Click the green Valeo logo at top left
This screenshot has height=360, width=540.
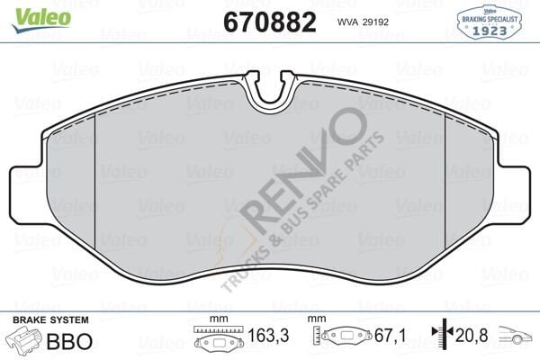point(25,11)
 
